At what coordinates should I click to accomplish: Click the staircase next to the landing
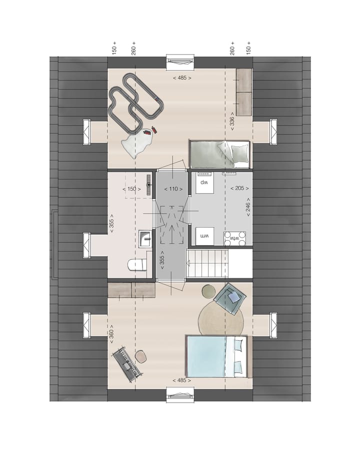pyautogui.click(x=207, y=263)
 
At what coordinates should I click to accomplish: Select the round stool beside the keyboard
pyautogui.click(x=141, y=356)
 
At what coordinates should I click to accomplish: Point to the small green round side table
pyautogui.click(x=207, y=291)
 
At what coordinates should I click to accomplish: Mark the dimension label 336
pyautogui.click(x=231, y=121)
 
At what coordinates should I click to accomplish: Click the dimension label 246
pyautogui.click(x=248, y=205)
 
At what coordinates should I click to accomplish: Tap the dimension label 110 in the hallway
pyautogui.click(x=173, y=189)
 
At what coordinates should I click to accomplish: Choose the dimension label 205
pyautogui.click(x=239, y=188)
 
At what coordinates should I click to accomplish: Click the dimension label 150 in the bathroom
pyautogui.click(x=132, y=189)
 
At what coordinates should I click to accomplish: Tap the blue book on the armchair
pyautogui.click(x=233, y=298)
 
